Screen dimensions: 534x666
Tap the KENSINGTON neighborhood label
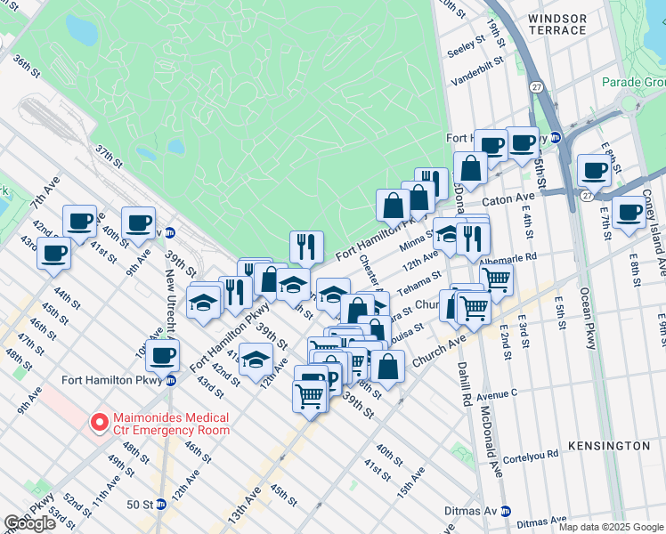click(x=620, y=444)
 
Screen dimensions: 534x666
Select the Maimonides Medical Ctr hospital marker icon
click(x=100, y=417)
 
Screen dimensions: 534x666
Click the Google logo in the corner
click(x=29, y=523)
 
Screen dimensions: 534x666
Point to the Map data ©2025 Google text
click(x=611, y=527)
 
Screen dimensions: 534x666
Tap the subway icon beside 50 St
click(x=161, y=505)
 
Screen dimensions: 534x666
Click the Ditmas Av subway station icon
click(x=505, y=512)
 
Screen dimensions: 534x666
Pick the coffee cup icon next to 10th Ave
click(x=162, y=356)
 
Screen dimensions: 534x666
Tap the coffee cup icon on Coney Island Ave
click(x=629, y=213)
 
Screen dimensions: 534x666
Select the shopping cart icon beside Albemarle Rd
click(x=497, y=280)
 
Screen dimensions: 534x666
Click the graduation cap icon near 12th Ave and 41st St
click(x=256, y=360)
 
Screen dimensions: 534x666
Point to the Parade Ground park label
click(x=633, y=82)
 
